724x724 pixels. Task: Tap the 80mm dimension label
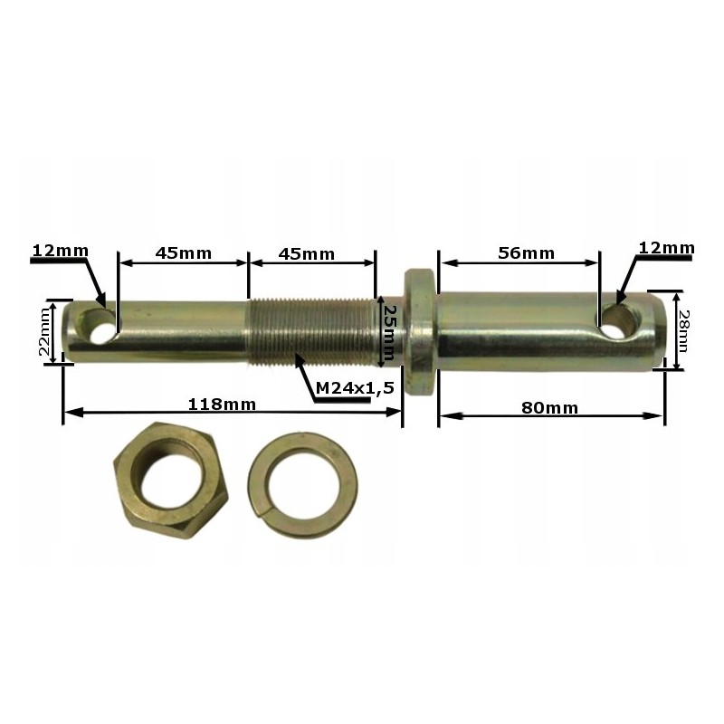point(549,407)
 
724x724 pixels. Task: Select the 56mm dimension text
point(526,253)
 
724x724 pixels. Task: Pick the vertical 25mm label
point(388,331)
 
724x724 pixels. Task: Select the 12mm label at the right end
point(665,247)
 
